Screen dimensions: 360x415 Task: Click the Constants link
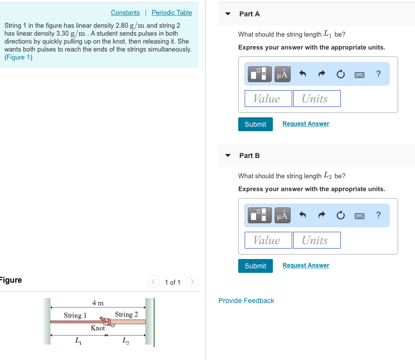click(x=125, y=12)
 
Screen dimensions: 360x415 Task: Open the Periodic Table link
click(x=171, y=12)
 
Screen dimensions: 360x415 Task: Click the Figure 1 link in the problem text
click(x=18, y=57)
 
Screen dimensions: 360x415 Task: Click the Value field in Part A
click(x=267, y=99)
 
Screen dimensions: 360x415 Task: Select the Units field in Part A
click(x=316, y=99)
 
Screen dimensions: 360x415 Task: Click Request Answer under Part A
click(x=306, y=124)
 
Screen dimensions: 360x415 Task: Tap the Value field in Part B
click(x=267, y=240)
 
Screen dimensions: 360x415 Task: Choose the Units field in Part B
click(x=316, y=240)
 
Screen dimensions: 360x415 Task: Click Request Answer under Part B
click(x=306, y=265)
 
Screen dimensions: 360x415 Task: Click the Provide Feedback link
click(x=246, y=301)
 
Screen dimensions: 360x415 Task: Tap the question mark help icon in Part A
click(x=378, y=74)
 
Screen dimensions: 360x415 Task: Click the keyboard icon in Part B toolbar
click(x=360, y=215)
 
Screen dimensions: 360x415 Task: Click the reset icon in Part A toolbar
click(x=340, y=74)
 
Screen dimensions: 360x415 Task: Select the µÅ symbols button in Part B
click(x=282, y=215)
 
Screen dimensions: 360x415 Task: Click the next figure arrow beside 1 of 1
click(x=192, y=282)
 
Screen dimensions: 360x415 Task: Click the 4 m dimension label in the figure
click(x=98, y=303)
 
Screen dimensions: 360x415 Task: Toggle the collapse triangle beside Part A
click(x=228, y=14)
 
